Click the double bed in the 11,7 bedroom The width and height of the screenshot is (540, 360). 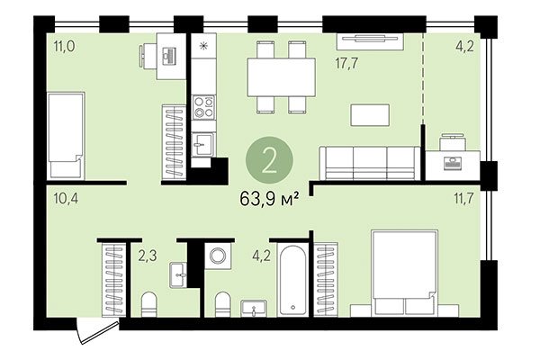(x=404, y=270)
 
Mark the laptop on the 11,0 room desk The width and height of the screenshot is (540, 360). (x=170, y=54)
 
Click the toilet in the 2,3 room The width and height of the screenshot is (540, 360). (x=150, y=301)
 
